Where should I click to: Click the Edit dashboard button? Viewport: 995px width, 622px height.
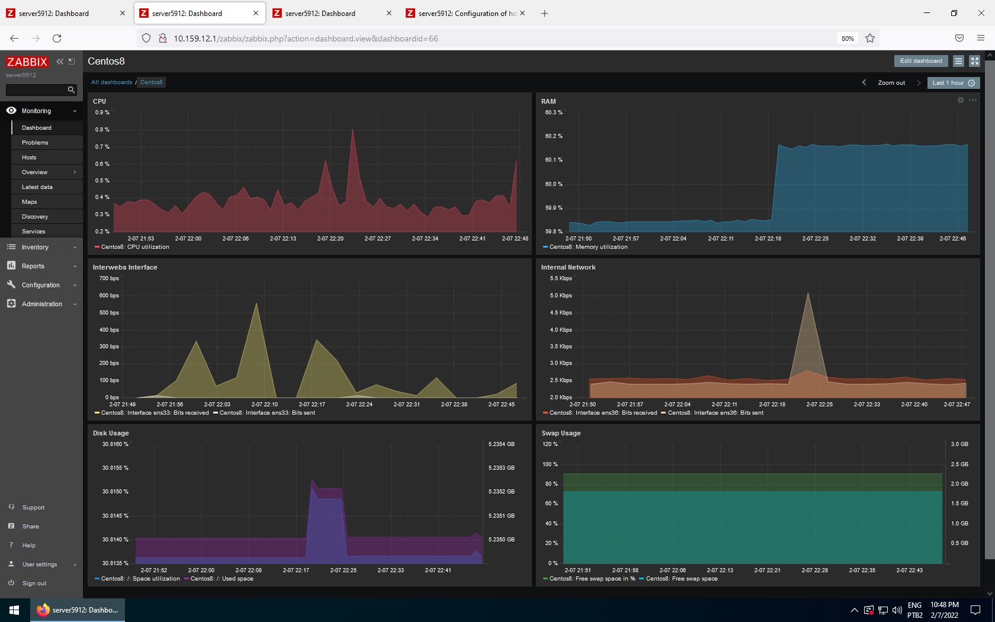[x=921, y=61]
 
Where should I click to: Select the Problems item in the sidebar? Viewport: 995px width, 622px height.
[x=35, y=143]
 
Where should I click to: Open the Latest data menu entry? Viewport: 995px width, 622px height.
[x=37, y=187]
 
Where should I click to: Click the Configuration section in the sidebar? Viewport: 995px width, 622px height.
[x=41, y=286]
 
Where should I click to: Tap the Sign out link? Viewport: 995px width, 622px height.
[x=34, y=583]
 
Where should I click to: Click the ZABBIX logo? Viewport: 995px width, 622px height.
[x=27, y=62]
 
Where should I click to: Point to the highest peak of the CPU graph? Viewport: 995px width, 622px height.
[x=353, y=130]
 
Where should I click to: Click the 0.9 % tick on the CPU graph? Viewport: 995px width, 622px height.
[x=102, y=113]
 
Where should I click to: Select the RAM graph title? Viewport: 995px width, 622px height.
[x=548, y=101]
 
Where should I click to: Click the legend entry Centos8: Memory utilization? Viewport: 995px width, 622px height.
[x=588, y=247]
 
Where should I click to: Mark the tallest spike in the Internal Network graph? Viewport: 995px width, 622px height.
[x=808, y=293]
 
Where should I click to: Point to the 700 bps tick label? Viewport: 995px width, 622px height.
[x=109, y=278]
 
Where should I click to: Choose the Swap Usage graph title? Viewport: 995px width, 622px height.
[x=561, y=433]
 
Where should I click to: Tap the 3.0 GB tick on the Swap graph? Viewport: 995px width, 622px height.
[x=959, y=444]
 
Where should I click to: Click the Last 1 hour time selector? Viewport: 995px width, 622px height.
[x=953, y=83]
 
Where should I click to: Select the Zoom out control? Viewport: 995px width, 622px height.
[x=891, y=83]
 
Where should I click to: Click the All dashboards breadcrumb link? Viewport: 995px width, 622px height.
[x=111, y=82]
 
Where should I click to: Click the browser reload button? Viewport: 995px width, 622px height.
[x=57, y=39]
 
